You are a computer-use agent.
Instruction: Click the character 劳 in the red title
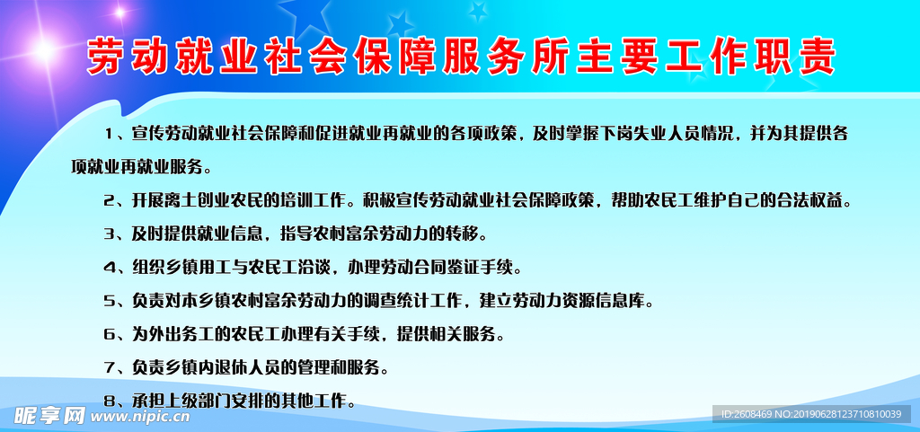pos(107,57)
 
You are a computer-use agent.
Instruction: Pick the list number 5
pos(109,301)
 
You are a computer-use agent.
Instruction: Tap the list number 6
pos(109,334)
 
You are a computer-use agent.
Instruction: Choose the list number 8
pos(109,401)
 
